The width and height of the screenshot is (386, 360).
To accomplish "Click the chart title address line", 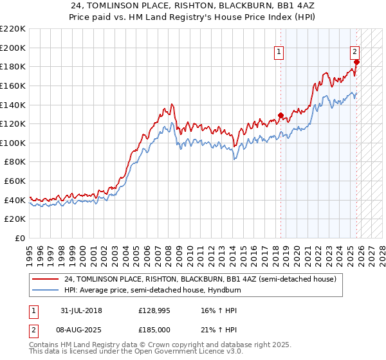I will (193, 5).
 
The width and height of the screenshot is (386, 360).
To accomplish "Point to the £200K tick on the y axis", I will (14, 48).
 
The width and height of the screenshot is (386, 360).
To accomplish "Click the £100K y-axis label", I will (14, 143).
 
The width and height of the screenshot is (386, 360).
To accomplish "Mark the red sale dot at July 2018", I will (280, 116).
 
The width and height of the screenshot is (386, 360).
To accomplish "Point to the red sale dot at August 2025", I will (356, 62).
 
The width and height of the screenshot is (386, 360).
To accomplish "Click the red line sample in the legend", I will (45, 279).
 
